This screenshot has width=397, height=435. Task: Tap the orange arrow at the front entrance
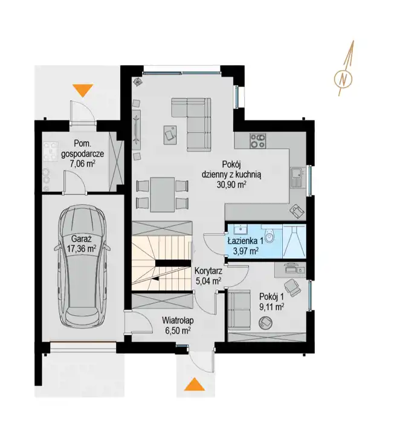[195, 384]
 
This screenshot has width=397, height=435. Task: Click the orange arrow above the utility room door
[83, 91]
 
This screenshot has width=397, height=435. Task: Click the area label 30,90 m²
[231, 184]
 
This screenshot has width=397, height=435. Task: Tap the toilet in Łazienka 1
[269, 235]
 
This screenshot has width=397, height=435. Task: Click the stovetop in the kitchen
[258, 140]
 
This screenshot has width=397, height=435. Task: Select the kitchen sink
[297, 177]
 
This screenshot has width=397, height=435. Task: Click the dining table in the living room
[163, 194]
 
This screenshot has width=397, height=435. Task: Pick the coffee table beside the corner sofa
[170, 135]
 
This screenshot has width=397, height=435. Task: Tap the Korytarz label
[208, 271]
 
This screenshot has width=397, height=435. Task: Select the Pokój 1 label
[271, 297]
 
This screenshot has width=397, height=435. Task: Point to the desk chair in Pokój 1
[292, 286]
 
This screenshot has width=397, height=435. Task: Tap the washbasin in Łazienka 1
[239, 230]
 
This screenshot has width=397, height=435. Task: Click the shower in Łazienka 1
[294, 240]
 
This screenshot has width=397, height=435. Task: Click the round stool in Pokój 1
[265, 323]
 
